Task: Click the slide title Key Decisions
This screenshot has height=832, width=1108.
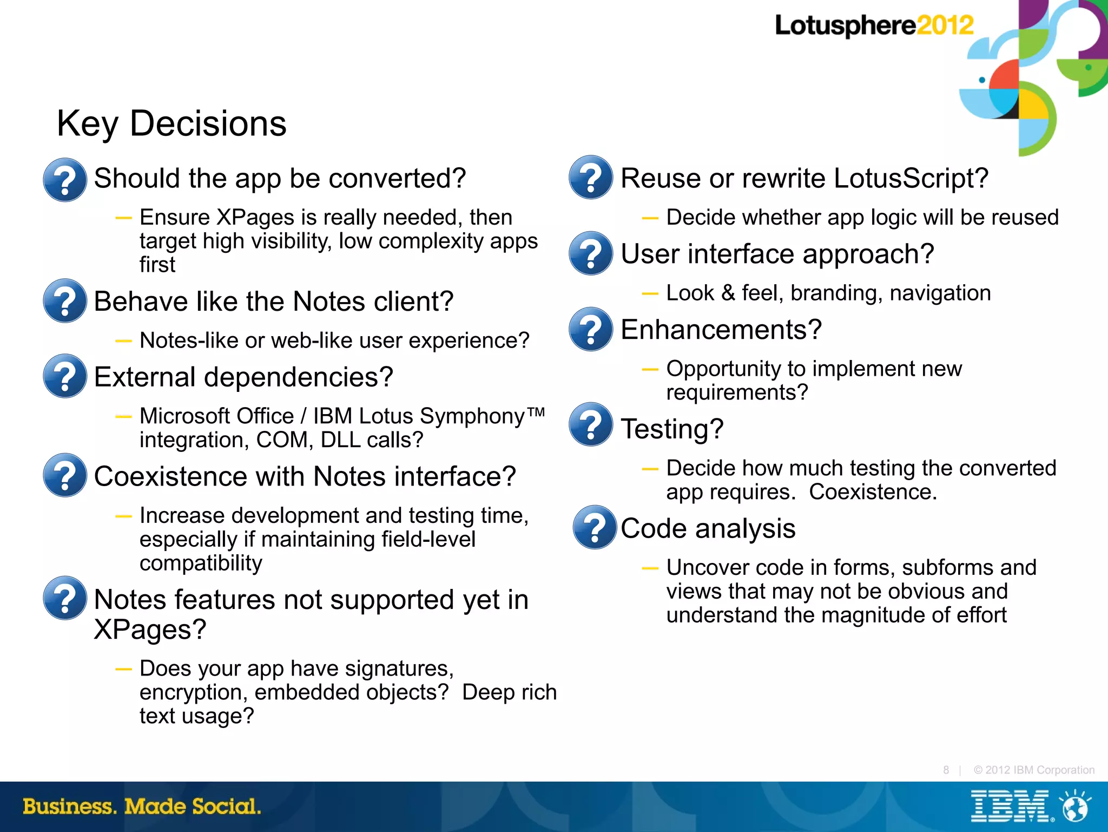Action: click(172, 124)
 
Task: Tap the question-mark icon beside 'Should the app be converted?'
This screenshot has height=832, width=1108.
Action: click(65, 180)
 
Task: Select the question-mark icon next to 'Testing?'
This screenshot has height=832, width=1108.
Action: click(591, 424)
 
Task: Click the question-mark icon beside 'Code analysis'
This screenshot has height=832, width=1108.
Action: click(595, 527)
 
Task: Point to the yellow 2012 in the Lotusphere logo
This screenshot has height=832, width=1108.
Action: click(945, 25)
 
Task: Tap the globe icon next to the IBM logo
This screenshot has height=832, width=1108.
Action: click(1075, 807)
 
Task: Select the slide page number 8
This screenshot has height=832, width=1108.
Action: click(946, 770)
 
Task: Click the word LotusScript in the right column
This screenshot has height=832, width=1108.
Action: click(911, 179)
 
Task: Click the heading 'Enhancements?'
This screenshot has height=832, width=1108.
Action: click(721, 330)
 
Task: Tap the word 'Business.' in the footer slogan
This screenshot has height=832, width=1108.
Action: click(69, 807)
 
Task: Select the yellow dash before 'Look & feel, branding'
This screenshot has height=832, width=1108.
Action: click(650, 294)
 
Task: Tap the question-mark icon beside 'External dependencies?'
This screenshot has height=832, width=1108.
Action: click(65, 376)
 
